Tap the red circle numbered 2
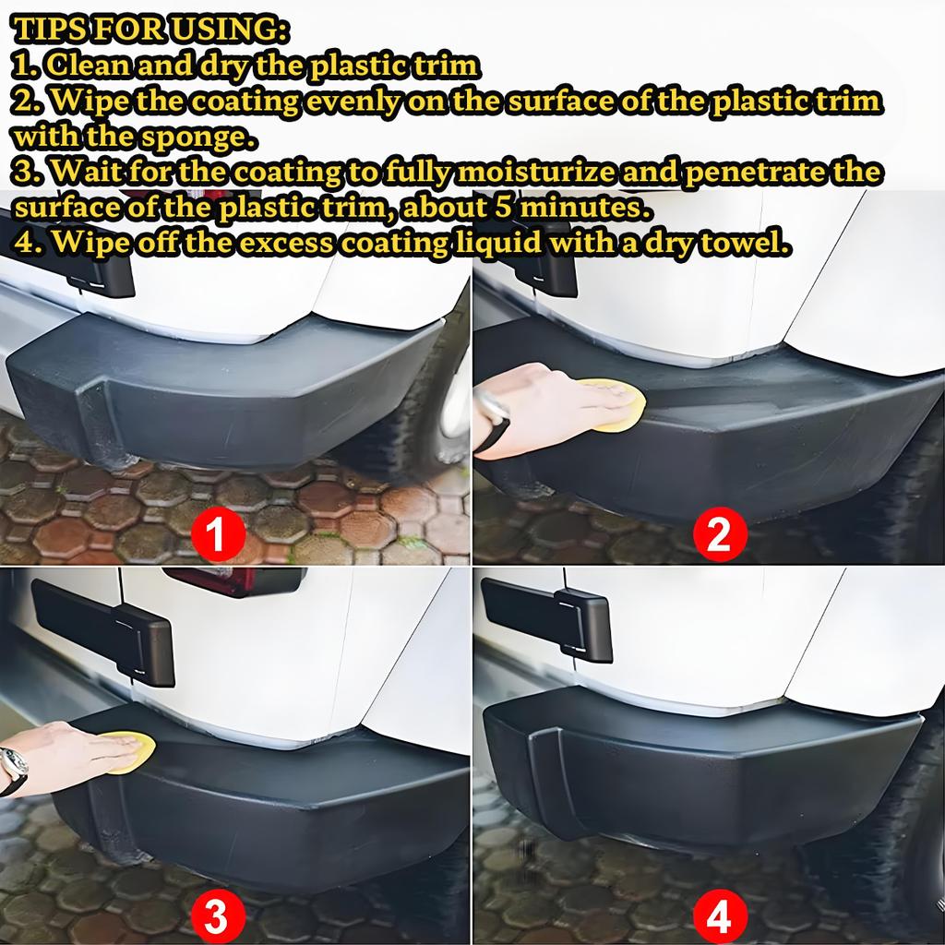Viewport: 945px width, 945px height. [x=720, y=534]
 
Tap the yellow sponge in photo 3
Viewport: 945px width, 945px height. [x=125, y=751]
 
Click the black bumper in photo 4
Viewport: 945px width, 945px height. [x=701, y=766]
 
